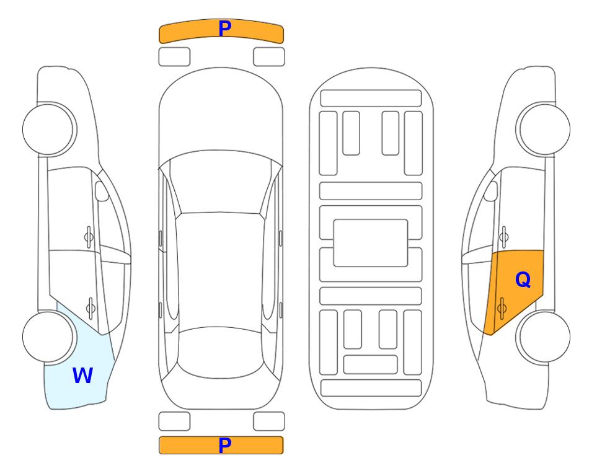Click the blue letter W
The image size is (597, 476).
point(82,376)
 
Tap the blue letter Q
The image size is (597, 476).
point(523,280)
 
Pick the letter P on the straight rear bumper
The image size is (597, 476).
point(225,445)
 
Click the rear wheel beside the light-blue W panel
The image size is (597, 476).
point(49,337)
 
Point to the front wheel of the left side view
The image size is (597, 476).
point(49,130)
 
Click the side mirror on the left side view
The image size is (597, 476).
point(102,191)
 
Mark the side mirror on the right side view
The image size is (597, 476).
point(491,191)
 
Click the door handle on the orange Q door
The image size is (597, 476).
point(502,308)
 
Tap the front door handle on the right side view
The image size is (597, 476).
point(503,237)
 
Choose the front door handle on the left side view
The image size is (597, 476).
point(89,237)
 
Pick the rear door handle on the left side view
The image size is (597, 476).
point(91,308)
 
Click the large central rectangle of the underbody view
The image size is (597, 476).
point(371,243)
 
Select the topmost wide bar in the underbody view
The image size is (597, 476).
point(371,99)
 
